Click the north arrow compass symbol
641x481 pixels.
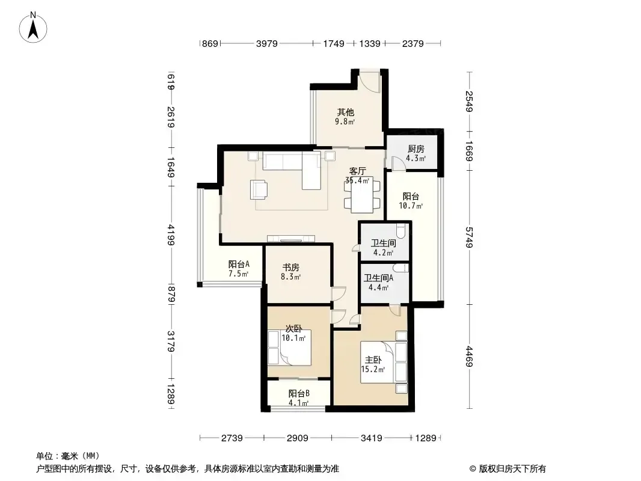click(x=33, y=28)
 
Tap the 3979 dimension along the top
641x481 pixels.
click(x=267, y=43)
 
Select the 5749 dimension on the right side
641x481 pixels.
click(x=469, y=237)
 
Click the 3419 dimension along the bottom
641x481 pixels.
click(x=371, y=438)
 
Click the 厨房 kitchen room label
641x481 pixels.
click(x=416, y=149)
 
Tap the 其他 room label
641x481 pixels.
click(x=345, y=112)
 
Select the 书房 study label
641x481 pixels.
click(x=290, y=268)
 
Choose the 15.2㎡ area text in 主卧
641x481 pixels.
click(x=373, y=369)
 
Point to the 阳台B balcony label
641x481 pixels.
click(x=299, y=393)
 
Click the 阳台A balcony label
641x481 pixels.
click(x=239, y=264)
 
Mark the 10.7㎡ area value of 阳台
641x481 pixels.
click(x=411, y=206)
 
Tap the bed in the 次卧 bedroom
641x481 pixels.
click(x=289, y=348)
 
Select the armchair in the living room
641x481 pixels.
click(x=259, y=189)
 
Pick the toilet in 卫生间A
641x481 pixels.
click(x=400, y=268)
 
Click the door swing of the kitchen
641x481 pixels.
click(x=397, y=164)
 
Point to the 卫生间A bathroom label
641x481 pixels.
click(x=379, y=278)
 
